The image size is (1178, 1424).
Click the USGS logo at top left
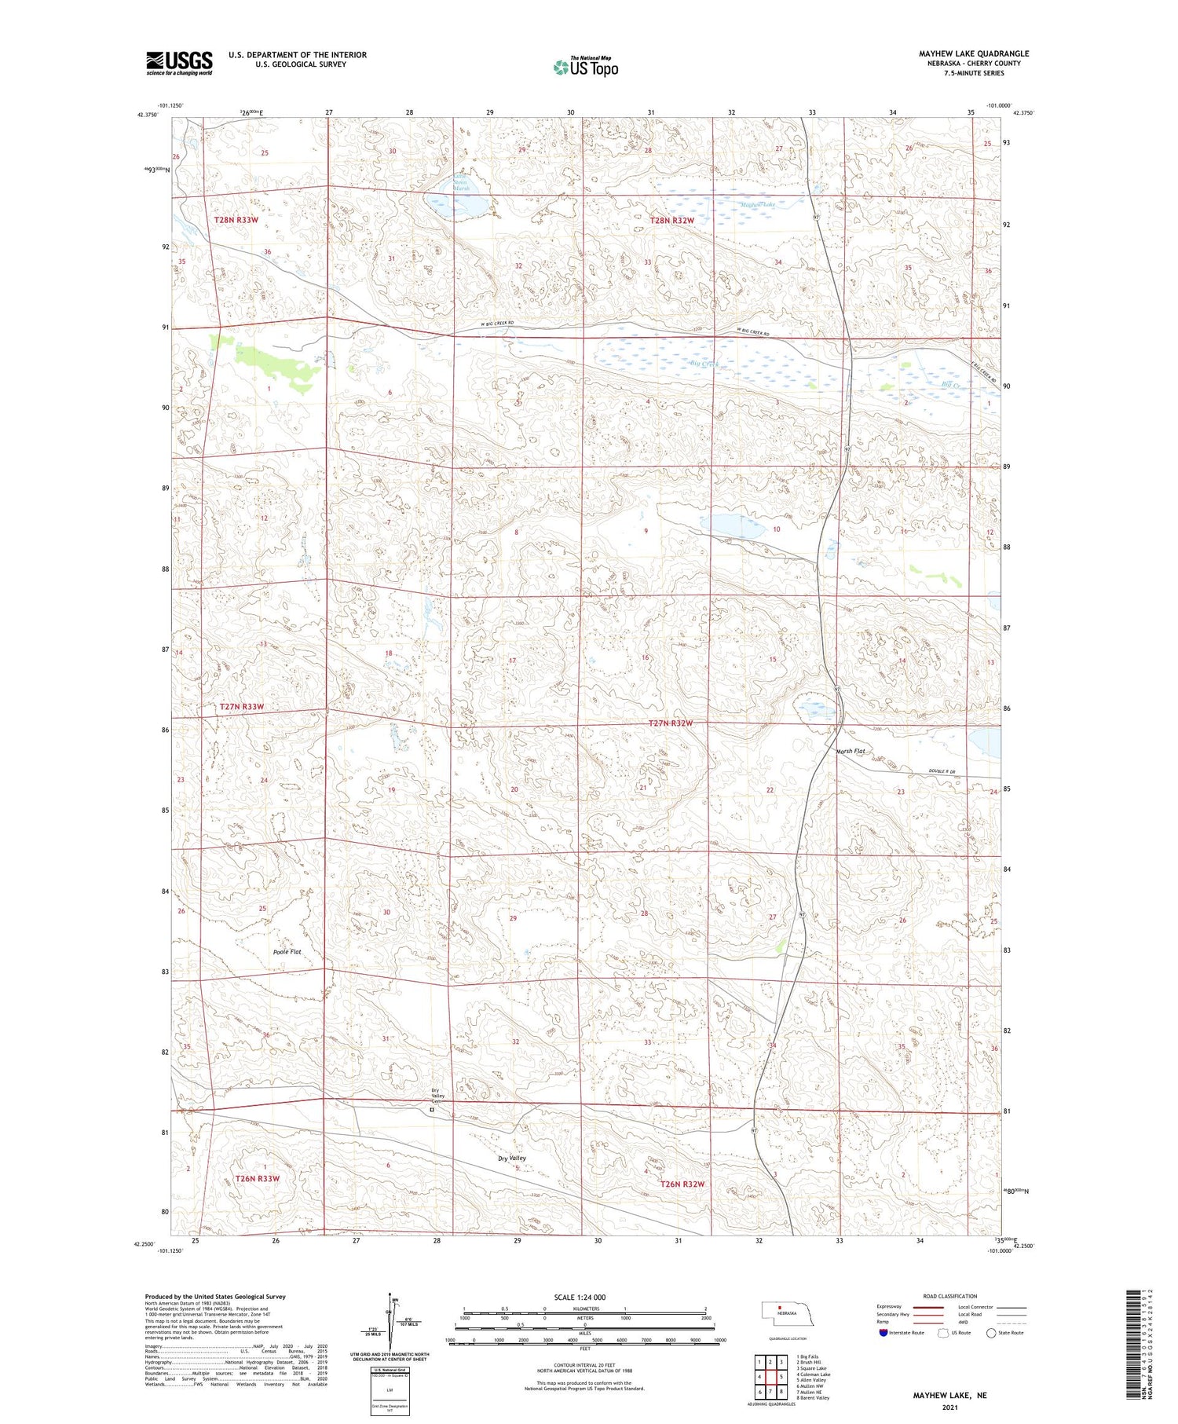tap(179, 63)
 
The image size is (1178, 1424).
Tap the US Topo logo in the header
tap(585, 67)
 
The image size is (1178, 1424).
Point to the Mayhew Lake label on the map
tap(758, 205)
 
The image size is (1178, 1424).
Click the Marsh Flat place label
tap(851, 751)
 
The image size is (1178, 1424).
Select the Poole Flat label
tap(287, 951)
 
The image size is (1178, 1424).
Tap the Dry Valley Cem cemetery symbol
tap(431, 1110)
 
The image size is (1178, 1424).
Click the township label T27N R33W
tap(242, 707)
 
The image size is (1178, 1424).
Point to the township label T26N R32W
tap(682, 1184)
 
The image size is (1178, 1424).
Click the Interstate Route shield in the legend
tap(883, 1333)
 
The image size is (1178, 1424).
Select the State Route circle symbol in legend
tap(991, 1333)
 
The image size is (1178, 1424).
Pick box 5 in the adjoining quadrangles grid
tap(782, 1376)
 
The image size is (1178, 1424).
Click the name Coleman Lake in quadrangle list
tap(814, 1375)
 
